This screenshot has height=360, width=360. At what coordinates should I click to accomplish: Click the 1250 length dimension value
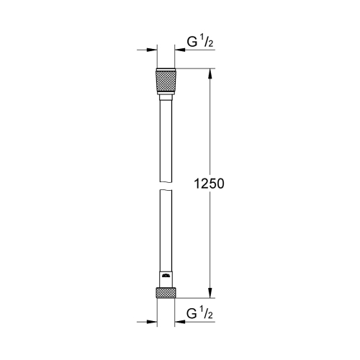coord(210,184)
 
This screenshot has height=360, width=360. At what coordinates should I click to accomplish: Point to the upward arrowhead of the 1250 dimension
coord(210,73)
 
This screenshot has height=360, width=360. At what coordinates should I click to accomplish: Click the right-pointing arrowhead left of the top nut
coord(152,50)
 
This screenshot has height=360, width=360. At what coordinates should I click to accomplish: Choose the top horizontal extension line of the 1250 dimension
coord(194,68)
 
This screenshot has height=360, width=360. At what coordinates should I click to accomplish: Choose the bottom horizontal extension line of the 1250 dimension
coord(194,297)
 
